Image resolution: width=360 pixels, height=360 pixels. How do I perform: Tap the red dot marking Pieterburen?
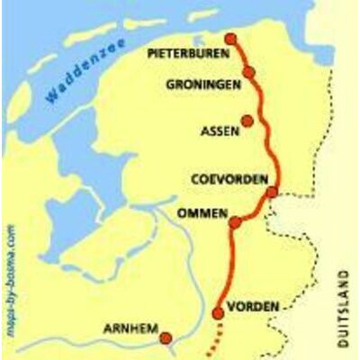pos(230,39)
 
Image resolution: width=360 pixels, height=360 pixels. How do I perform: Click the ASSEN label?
pos(220,131)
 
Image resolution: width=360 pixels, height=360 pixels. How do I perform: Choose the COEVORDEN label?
pos(230,180)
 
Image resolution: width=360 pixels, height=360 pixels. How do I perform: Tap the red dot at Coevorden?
pos(272,191)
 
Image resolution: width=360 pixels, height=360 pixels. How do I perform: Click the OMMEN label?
pos(200,213)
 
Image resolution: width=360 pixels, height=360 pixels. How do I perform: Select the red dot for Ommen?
pos(234,222)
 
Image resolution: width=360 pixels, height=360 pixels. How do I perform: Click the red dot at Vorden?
pos(217,313)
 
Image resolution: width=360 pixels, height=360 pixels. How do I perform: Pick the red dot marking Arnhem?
pos(166,338)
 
